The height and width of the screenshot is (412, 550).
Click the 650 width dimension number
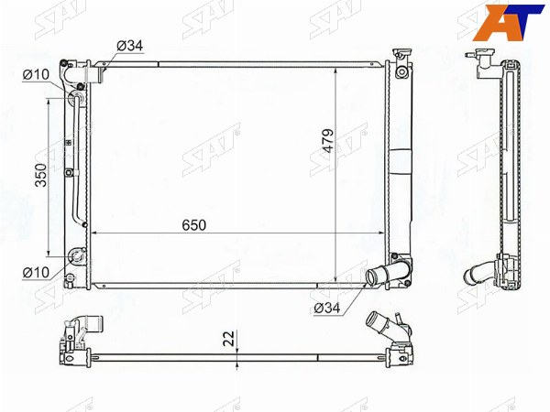tap(194, 225)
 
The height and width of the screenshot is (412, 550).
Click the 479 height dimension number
tap(328, 141)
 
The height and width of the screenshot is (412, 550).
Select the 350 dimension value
tap(40, 175)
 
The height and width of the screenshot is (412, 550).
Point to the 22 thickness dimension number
tap(228, 339)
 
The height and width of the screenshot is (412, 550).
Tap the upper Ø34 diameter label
tap(130, 46)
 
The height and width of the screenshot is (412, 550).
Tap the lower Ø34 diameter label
tap(327, 308)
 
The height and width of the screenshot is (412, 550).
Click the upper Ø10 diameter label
tap(36, 75)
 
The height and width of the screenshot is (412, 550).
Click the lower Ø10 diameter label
tap(36, 272)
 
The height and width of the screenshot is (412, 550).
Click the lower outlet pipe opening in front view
tap(370, 276)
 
